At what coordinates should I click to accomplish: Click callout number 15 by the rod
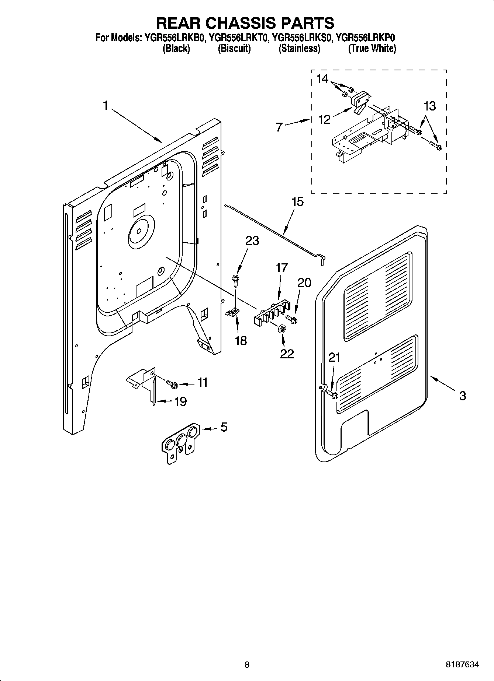tap(297, 202)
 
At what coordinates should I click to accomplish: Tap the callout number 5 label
tap(224, 427)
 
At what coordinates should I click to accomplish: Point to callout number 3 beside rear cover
tap(462, 396)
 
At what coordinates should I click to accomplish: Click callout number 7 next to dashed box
tap(279, 127)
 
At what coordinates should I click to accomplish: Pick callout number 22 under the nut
tap(287, 354)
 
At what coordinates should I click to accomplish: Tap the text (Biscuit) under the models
tap(234, 48)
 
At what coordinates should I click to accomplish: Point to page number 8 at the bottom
tap(247, 665)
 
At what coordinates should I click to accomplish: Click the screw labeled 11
tap(172, 384)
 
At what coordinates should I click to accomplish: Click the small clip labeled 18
tap(232, 312)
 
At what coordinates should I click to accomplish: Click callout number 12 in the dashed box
tap(324, 120)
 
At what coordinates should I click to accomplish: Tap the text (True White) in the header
tap(372, 48)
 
